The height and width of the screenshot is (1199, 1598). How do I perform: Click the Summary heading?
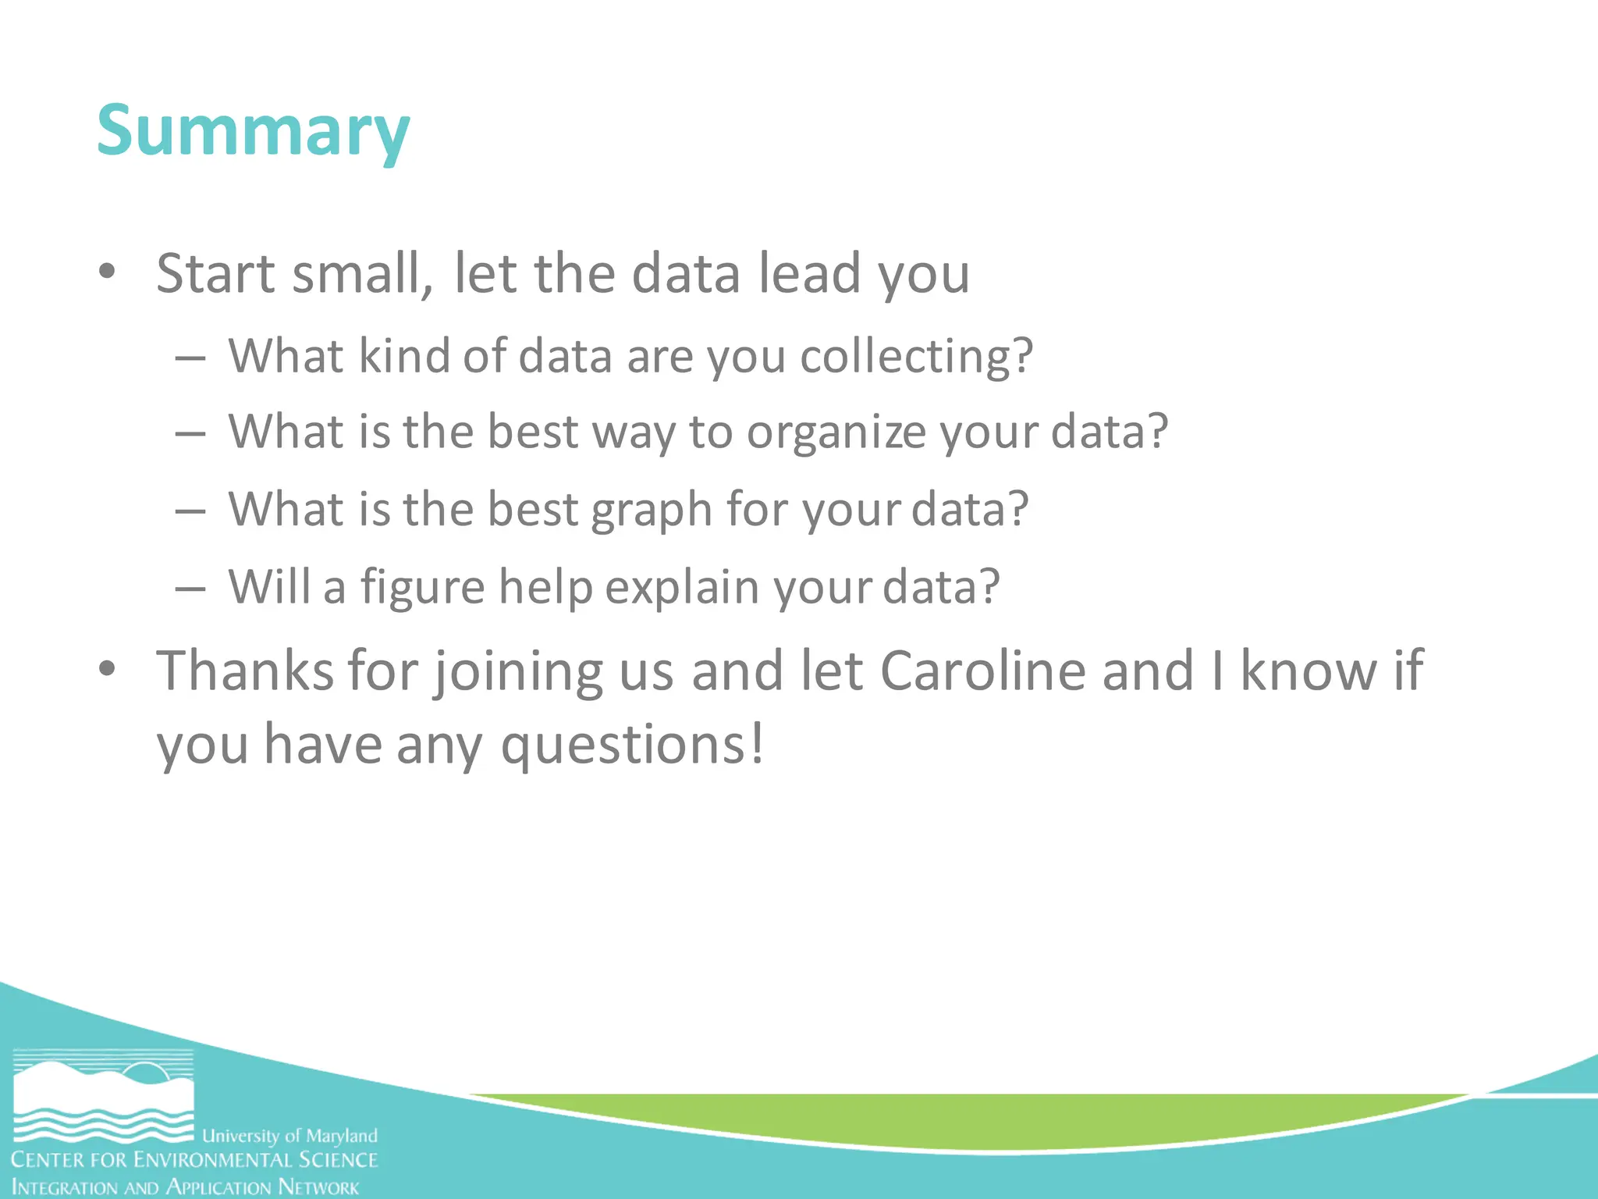pos(253,131)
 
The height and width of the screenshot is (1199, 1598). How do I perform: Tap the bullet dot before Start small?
pos(108,272)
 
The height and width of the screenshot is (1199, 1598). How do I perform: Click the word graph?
pos(652,511)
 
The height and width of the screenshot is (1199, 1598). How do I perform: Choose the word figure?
pos(422,588)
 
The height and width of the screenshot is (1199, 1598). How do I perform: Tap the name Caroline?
pos(983,671)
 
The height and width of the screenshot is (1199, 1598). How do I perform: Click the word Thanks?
pos(245,671)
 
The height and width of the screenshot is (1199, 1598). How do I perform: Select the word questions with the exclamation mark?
pos(632,745)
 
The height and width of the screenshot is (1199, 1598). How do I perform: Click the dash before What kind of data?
pos(190,358)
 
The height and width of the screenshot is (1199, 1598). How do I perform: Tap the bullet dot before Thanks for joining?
pos(108,669)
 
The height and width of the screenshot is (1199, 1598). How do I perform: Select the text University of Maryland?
pos(289,1136)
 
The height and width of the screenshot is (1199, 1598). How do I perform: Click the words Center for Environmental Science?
pos(194,1160)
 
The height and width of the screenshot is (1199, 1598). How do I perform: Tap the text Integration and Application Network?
pos(186,1187)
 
